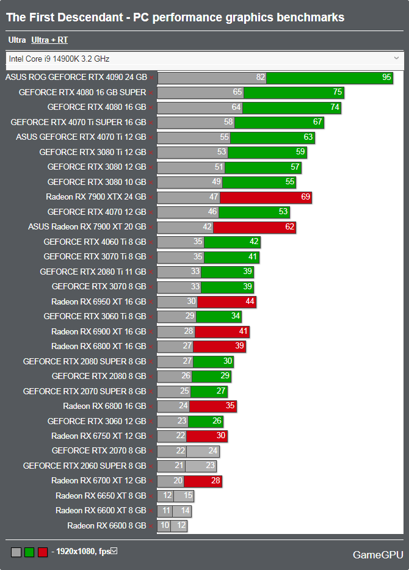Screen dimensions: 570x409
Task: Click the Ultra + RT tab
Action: [49, 40]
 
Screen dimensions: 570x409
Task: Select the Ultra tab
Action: [17, 40]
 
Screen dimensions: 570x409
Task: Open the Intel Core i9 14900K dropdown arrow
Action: [397, 59]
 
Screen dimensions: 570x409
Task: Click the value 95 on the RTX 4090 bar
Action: [386, 78]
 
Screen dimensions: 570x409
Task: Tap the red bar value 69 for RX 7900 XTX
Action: [305, 197]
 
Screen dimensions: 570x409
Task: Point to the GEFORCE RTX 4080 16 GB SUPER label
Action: [82, 92]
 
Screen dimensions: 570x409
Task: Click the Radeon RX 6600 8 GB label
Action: [107, 526]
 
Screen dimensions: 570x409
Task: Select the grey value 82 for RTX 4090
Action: [261, 78]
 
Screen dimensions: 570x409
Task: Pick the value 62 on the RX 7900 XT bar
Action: [289, 227]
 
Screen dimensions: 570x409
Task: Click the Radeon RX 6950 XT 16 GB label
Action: [99, 301]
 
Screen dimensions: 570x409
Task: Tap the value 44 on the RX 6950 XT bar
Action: [250, 301]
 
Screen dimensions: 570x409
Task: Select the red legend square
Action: [42, 552]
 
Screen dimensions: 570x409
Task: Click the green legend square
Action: [29, 552]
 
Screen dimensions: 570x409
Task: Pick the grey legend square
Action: [16, 552]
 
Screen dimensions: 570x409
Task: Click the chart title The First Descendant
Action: [175, 18]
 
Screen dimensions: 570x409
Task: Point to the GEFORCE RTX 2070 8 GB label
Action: [99, 451]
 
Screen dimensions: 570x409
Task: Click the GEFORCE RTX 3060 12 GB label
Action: [96, 421]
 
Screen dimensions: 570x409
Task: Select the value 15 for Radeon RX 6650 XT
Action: [187, 496]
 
